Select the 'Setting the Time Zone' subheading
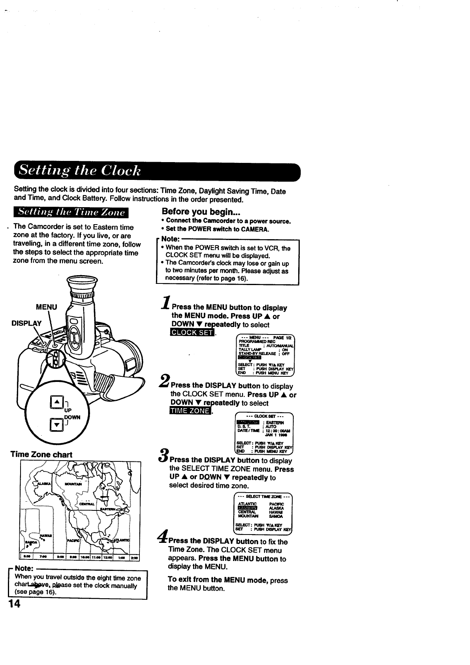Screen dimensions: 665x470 (70, 212)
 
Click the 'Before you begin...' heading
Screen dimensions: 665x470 (193, 212)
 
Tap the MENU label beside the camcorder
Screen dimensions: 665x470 (46, 307)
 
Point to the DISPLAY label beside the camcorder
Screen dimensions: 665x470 (26, 323)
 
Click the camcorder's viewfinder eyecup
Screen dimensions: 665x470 (82, 285)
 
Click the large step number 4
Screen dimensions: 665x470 (162, 537)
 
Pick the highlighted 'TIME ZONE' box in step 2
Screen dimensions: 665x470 (189, 411)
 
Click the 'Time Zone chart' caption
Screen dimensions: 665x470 (41, 454)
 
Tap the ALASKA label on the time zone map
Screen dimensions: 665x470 (43, 484)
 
